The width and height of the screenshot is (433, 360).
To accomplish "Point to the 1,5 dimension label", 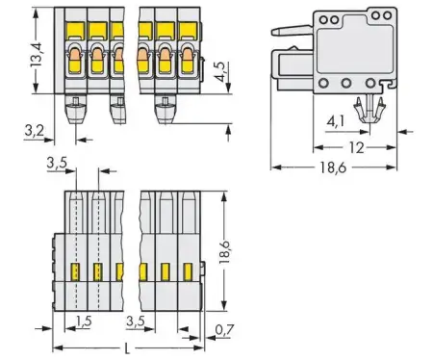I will click(x=86, y=320).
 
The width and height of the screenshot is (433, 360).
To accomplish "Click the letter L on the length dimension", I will click(x=129, y=346).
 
